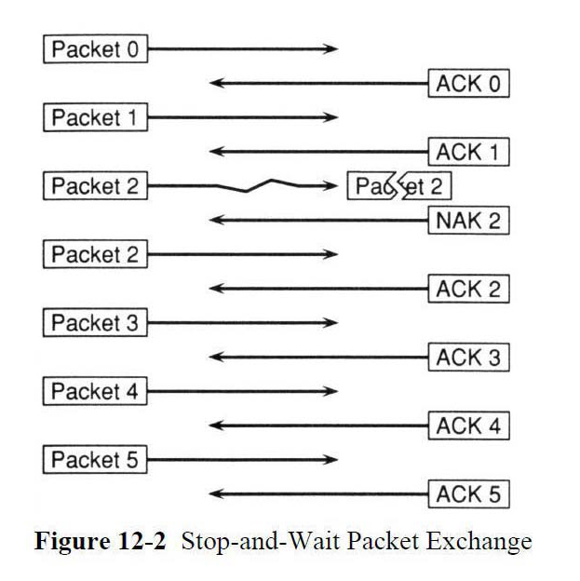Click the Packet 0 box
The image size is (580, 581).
pos(95,49)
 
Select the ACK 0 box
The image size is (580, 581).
pos(468,84)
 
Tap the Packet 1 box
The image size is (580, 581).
pos(95,118)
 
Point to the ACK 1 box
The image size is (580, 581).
pos(468,152)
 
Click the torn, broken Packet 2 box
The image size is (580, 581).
pos(398,186)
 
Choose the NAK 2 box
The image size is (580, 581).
pos(468,221)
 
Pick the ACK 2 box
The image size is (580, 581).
pos(468,289)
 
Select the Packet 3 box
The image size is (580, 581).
pos(95,323)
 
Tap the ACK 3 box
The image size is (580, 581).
pos(468,358)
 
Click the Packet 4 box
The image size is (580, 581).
pos(95,392)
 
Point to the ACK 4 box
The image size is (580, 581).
pos(468,426)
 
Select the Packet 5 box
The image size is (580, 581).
pos(95,460)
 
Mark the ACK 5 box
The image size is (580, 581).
pos(468,494)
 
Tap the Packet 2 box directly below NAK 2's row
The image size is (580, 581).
pos(95,254)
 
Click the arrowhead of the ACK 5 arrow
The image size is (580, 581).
pos(216,494)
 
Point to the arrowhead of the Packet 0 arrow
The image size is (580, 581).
pos(331,49)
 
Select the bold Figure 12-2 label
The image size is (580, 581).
pos(101,542)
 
